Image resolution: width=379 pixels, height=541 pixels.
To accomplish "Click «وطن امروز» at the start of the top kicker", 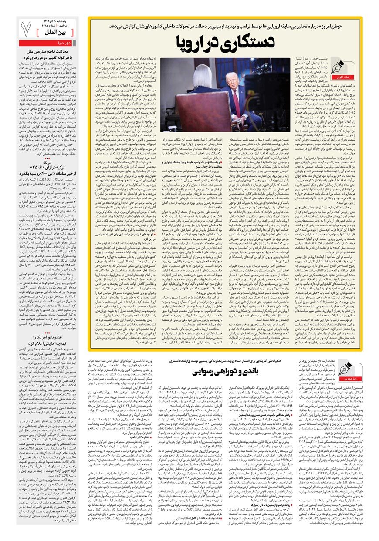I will click(349, 26).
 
